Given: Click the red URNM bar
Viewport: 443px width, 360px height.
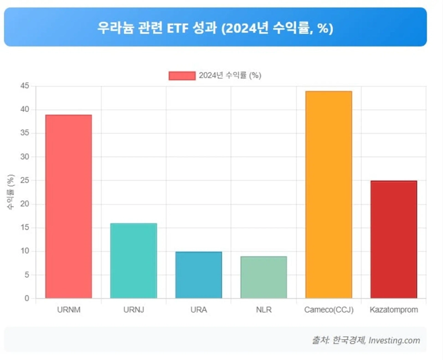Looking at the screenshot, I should click(x=69, y=206).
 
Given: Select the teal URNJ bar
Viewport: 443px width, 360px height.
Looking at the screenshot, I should click(x=133, y=260).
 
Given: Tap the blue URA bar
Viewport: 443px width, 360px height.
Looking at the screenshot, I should click(x=198, y=275).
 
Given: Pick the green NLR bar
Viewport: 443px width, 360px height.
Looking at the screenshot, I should click(x=264, y=277).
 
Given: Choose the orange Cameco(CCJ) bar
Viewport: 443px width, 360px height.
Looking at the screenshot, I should click(x=328, y=194).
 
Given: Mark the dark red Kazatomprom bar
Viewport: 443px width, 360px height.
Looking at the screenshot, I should click(x=393, y=239).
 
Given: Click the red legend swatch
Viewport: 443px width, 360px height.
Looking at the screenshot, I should click(x=182, y=76).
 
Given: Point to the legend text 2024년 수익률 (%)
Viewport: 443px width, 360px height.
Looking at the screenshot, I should click(x=230, y=76).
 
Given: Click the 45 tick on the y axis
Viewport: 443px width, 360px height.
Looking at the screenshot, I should click(x=24, y=86).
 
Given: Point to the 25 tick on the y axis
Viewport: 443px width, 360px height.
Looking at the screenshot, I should click(x=24, y=181).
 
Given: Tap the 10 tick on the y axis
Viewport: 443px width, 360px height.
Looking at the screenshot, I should click(x=24, y=251).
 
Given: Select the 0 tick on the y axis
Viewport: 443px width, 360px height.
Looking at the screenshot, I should click(x=26, y=299).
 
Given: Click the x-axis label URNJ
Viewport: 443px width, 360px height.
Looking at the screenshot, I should click(x=133, y=310).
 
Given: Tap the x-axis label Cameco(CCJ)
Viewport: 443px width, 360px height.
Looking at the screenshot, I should click(x=328, y=310).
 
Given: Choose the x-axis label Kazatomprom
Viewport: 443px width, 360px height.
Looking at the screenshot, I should click(x=394, y=310).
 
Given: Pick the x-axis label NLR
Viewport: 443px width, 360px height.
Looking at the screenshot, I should click(x=264, y=310).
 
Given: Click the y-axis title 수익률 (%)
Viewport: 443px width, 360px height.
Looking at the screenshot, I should click(x=10, y=192).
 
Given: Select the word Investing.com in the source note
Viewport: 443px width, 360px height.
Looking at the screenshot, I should click(x=394, y=341).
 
